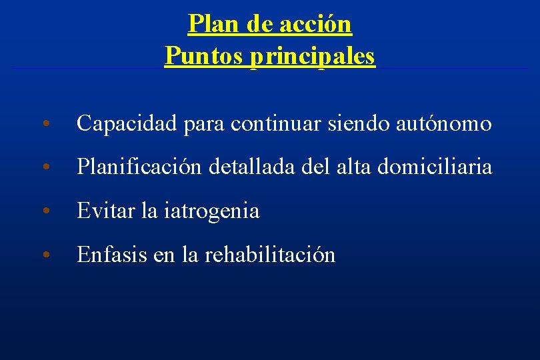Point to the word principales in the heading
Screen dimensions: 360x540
click(313, 56)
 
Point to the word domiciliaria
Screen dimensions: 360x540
click(435, 167)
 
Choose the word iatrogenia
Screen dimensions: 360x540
click(209, 211)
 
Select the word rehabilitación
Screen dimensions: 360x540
click(270, 255)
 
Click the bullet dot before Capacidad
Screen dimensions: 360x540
click(45, 125)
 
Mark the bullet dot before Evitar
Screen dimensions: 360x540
click(45, 213)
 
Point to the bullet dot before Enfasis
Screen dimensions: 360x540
click(45, 256)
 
